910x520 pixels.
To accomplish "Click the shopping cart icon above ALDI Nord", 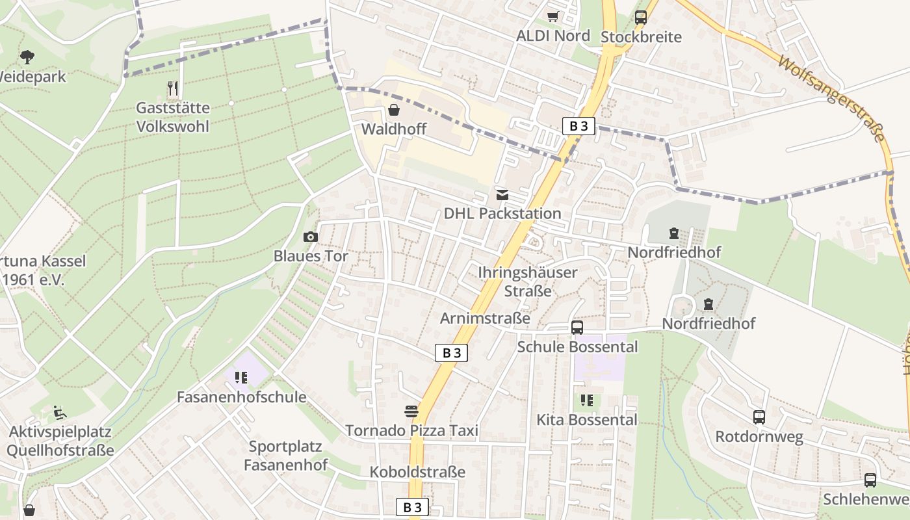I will [552, 16].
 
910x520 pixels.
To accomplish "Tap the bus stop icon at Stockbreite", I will [641, 18].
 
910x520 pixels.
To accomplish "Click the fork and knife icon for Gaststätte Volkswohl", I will [173, 88].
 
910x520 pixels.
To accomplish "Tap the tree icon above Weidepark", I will [27, 57].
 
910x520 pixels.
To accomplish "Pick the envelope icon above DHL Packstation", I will [502, 194].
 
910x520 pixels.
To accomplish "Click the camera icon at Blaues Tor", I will [311, 237].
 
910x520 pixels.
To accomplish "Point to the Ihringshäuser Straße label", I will [528, 281].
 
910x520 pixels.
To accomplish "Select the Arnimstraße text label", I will [485, 318].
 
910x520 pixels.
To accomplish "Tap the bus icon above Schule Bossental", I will [577, 328].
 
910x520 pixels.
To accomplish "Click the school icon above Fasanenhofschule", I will [241, 377].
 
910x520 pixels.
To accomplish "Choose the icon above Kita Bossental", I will [587, 400].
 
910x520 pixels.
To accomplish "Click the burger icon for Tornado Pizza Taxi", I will [411, 411].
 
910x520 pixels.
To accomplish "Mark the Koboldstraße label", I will [417, 472].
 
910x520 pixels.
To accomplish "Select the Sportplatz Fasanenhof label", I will [285, 456].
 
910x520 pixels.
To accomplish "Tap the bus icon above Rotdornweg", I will [759, 417].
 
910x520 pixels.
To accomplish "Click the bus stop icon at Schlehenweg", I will [870, 480].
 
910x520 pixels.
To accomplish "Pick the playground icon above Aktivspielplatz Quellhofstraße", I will [60, 412].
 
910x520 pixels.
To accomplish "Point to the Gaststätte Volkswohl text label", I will [173, 117].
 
